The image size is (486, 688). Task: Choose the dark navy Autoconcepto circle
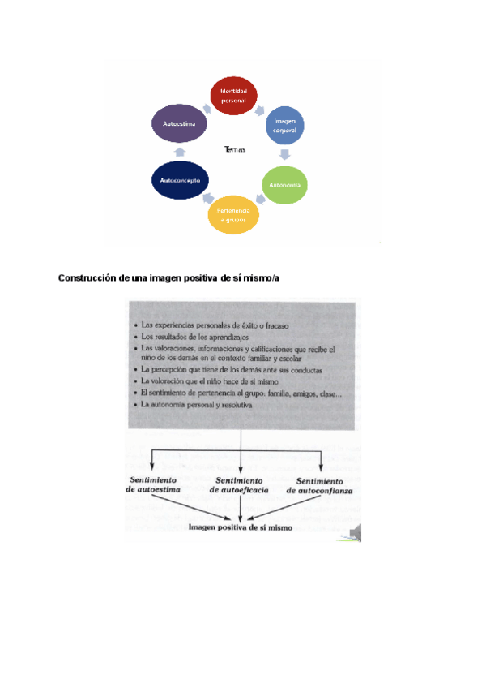(x=181, y=179)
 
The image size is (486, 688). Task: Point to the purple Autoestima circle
(x=179, y=124)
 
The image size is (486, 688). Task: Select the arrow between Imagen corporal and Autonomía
(x=285, y=154)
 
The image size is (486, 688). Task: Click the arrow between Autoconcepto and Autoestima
(x=179, y=153)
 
